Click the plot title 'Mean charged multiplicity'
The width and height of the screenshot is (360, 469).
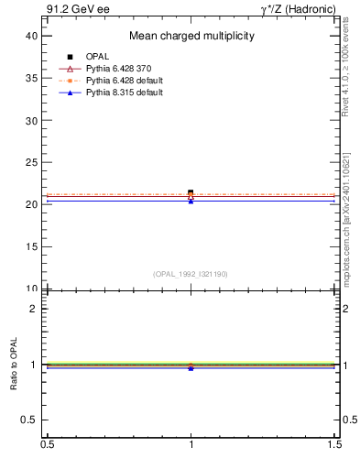click(191, 36)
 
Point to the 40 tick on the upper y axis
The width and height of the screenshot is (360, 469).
click(30, 36)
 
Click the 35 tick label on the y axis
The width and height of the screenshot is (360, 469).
click(30, 78)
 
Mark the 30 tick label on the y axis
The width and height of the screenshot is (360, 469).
click(30, 120)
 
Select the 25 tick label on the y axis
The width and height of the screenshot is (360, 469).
click(30, 162)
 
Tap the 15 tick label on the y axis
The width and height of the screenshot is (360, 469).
click(30, 246)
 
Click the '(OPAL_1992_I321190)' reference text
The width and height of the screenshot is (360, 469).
click(191, 274)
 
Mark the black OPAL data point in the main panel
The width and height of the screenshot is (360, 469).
click(191, 192)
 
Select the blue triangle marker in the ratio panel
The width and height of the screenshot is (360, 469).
click(191, 367)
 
